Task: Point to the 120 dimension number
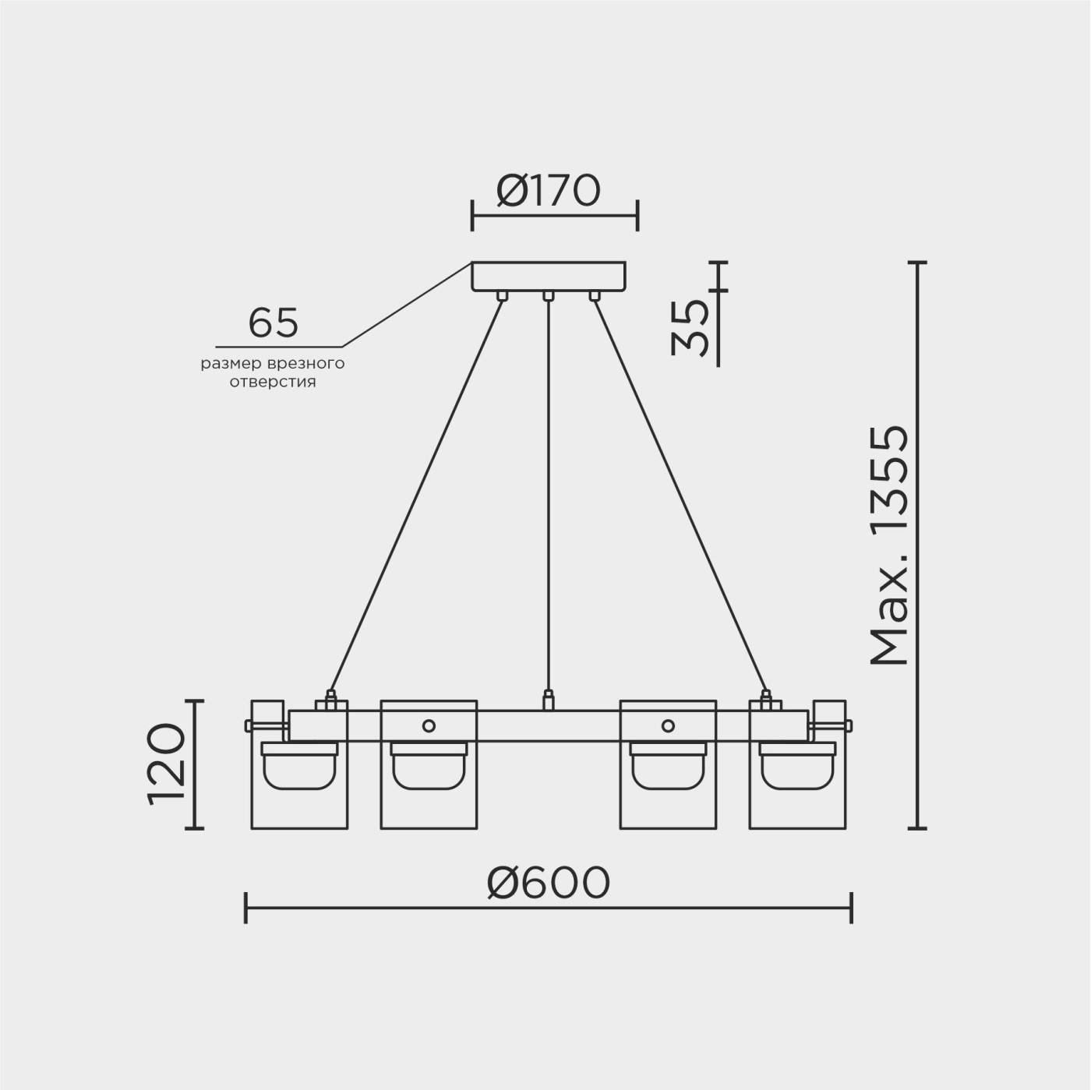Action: tap(167, 764)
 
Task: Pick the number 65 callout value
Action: tap(273, 323)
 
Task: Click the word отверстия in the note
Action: tap(273, 383)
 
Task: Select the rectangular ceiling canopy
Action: tap(549, 277)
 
